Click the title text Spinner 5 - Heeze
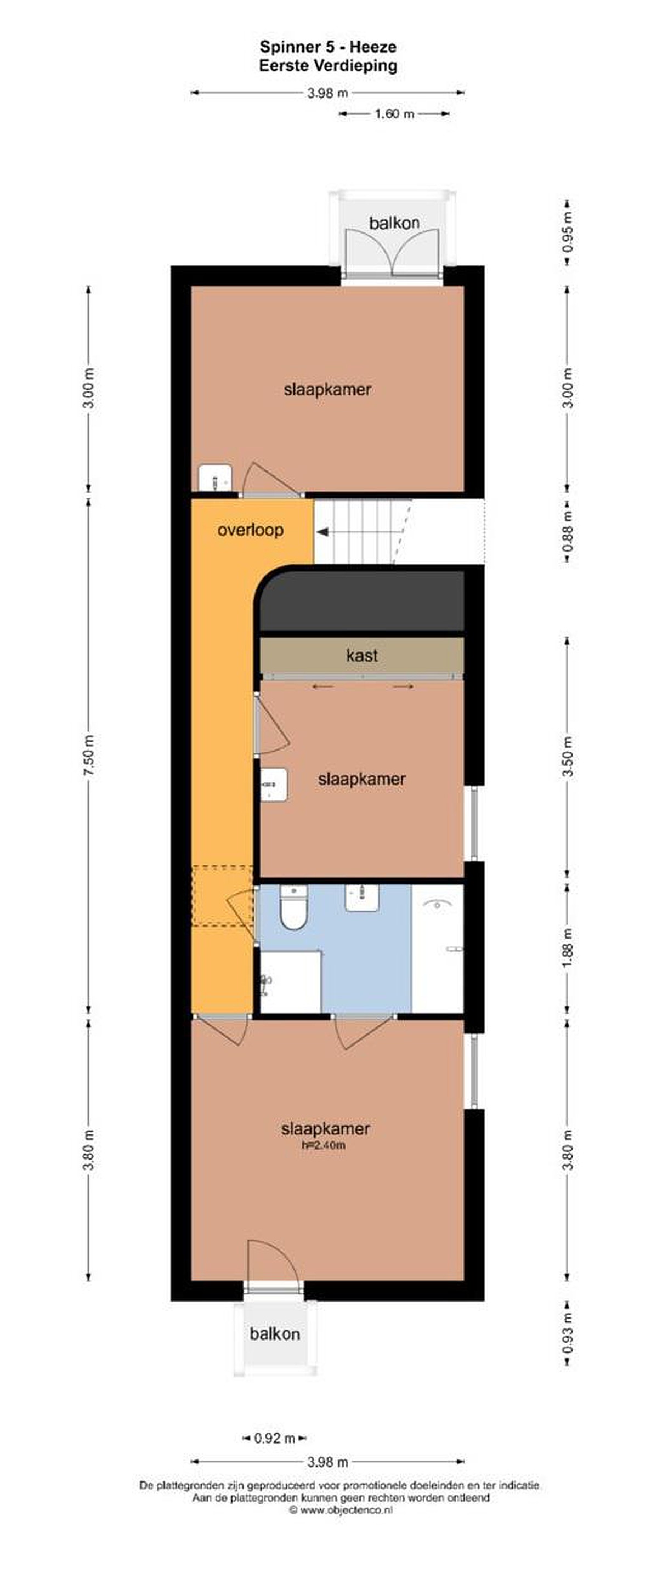pos(328,47)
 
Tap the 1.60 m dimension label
pos(394,113)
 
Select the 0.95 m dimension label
pos(569,232)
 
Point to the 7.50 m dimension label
pos(89,755)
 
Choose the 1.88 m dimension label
pos(569,947)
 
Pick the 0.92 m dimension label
pos(275,1438)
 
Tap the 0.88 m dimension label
pos(569,531)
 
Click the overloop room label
pos(251,530)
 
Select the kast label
pos(362,655)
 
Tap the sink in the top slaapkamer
pos(216,478)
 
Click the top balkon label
pos(394,223)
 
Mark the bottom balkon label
pos(275,1334)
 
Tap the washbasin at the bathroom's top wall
pos(362,898)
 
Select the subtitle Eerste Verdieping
pos(328,66)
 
